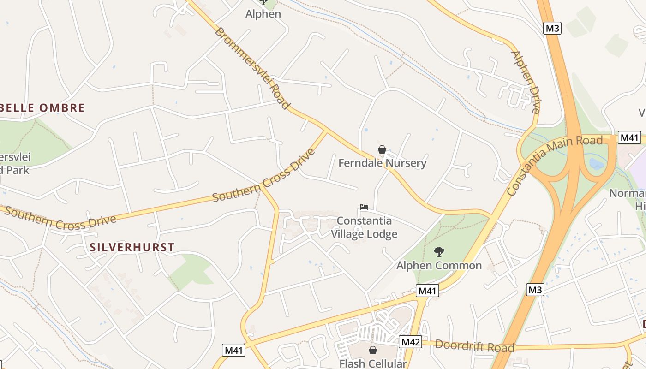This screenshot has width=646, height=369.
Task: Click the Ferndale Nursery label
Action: click(x=382, y=163)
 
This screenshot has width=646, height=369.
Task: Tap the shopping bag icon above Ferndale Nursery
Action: click(x=382, y=149)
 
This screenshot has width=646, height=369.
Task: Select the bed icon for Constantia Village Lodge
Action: click(x=364, y=207)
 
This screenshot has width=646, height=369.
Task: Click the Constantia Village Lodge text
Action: click(x=364, y=227)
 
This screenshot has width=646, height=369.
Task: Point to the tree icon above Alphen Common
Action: click(x=439, y=252)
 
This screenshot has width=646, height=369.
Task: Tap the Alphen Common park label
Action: click(x=439, y=266)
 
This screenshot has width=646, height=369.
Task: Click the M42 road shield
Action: click(x=410, y=342)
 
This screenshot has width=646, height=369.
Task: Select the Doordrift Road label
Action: click(x=474, y=346)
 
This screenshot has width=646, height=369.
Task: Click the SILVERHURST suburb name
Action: click(x=132, y=247)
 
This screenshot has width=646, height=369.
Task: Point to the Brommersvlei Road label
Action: click(x=252, y=68)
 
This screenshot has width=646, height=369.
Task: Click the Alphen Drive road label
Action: click(x=526, y=82)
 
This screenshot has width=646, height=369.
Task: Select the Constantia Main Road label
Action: click(x=554, y=165)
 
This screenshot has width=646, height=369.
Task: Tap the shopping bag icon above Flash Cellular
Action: click(x=373, y=351)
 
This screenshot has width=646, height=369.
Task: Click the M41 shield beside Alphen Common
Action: click(x=427, y=291)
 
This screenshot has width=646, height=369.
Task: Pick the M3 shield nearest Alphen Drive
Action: click(x=552, y=28)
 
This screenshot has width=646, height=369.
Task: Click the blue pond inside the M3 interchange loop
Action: click(x=596, y=163)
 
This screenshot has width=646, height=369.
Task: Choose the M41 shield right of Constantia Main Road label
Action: click(x=629, y=137)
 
